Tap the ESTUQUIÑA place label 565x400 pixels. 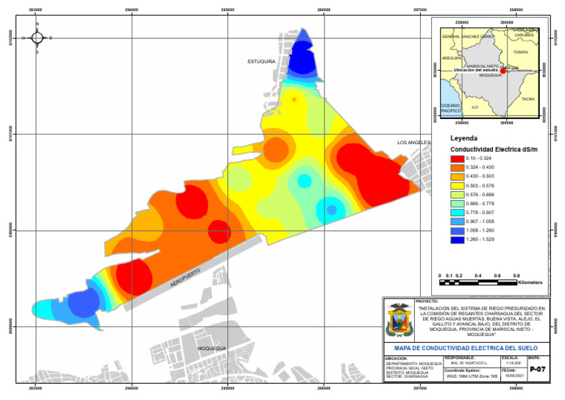261,62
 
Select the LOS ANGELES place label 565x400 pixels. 413,142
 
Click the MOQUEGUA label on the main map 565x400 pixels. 212,348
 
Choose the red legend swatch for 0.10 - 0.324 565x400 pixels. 456,158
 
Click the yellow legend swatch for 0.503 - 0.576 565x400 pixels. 456,185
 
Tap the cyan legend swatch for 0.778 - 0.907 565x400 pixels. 456,213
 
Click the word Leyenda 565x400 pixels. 463,138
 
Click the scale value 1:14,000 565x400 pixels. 514,362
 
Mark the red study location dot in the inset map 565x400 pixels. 502,71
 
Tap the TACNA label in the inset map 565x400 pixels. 527,99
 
